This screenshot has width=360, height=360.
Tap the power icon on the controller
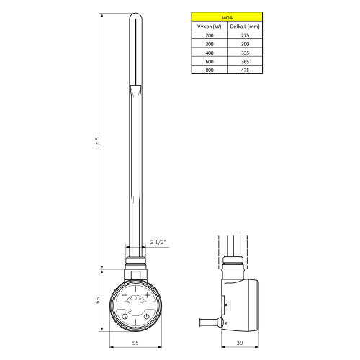pos(147,316)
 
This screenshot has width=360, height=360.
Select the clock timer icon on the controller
pos(125,316)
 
